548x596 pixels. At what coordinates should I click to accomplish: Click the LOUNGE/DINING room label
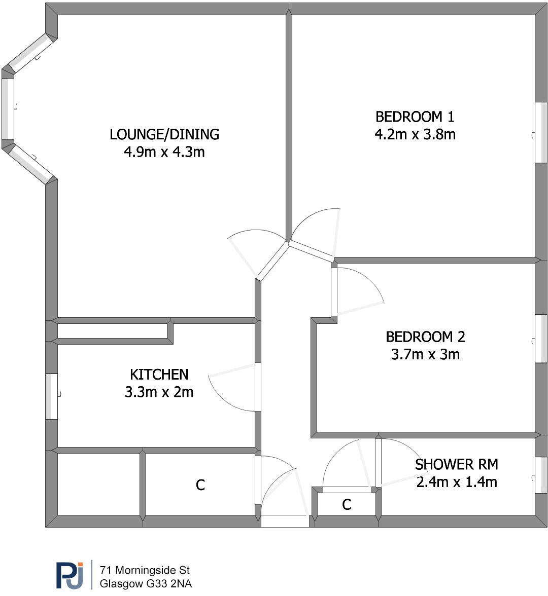tap(164, 134)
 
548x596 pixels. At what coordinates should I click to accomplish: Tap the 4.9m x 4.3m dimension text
tap(164, 152)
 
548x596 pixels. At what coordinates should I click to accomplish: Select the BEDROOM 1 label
tap(415, 117)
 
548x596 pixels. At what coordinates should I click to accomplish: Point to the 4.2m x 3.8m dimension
tap(415, 134)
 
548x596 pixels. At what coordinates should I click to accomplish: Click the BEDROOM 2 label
tap(425, 337)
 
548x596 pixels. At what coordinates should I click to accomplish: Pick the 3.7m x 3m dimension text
tap(425, 354)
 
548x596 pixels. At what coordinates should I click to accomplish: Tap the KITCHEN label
tap(159, 375)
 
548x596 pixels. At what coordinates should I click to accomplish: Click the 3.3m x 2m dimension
tap(159, 392)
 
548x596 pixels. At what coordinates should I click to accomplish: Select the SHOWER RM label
tap(456, 464)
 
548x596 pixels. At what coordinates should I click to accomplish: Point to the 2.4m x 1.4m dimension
tap(456, 481)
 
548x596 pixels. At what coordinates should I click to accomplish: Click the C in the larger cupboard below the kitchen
tap(200, 486)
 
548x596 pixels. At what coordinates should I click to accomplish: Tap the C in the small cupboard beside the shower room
tap(347, 505)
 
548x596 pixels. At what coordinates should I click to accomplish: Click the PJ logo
tap(70, 575)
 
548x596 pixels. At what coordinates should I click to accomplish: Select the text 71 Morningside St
tap(145, 571)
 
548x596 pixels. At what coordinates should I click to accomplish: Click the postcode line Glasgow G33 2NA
tap(146, 584)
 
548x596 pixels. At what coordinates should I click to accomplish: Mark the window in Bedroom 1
tap(541, 133)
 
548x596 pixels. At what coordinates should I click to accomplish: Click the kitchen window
tap(51, 396)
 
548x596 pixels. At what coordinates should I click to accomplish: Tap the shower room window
tap(541, 475)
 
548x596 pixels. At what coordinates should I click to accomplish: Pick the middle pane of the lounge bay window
tap(8, 108)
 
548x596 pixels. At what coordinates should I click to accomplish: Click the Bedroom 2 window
tap(541, 339)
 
